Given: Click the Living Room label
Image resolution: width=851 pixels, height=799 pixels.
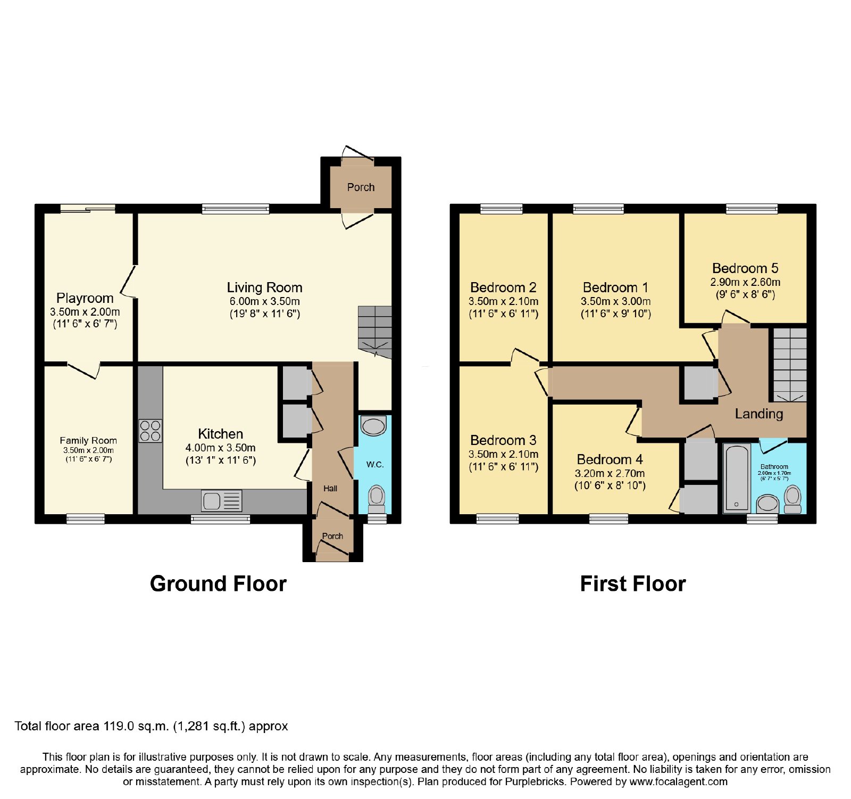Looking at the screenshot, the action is (264, 287).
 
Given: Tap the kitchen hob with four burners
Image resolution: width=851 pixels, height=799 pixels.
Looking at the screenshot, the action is (151, 431).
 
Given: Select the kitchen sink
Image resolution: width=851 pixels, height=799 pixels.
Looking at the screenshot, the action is (221, 501).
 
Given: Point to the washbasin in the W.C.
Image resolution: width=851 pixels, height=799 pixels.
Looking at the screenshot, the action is (374, 426).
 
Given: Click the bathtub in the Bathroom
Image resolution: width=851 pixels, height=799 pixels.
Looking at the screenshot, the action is (737, 477).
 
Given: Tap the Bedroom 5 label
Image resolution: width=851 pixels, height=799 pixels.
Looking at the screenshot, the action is (745, 268).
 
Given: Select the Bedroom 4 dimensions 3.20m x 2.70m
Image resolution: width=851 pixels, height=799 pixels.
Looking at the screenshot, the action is (610, 473).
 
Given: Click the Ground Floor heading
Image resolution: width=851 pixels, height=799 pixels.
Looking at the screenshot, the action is (218, 583).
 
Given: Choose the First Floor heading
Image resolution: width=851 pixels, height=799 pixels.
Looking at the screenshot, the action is (633, 583).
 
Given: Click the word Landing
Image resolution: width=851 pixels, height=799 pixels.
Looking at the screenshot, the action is (759, 414).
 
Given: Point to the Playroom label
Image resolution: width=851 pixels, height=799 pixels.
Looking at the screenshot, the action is (85, 298).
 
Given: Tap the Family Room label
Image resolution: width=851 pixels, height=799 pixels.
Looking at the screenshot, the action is (88, 440).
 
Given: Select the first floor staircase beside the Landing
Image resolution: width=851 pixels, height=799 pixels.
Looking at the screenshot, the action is (790, 365).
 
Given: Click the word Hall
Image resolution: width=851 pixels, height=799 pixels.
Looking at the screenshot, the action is (330, 488).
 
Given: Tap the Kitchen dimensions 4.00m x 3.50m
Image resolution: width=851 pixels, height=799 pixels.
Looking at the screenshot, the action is (220, 448).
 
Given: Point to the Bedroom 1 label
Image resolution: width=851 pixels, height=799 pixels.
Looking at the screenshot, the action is (615, 287).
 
